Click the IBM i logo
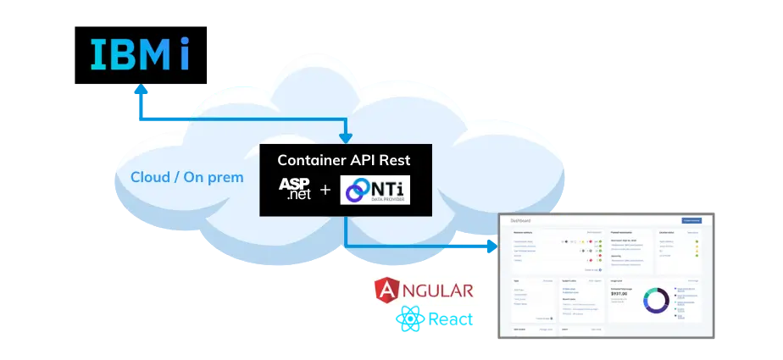coord(141,53)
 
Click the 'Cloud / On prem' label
coord(186,178)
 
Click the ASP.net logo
coord(295,188)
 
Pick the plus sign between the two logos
coord(325,190)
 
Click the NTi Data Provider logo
coord(374,190)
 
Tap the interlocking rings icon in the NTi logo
coord(354,190)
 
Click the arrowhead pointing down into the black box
coord(345,137)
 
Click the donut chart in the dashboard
coord(656,300)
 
